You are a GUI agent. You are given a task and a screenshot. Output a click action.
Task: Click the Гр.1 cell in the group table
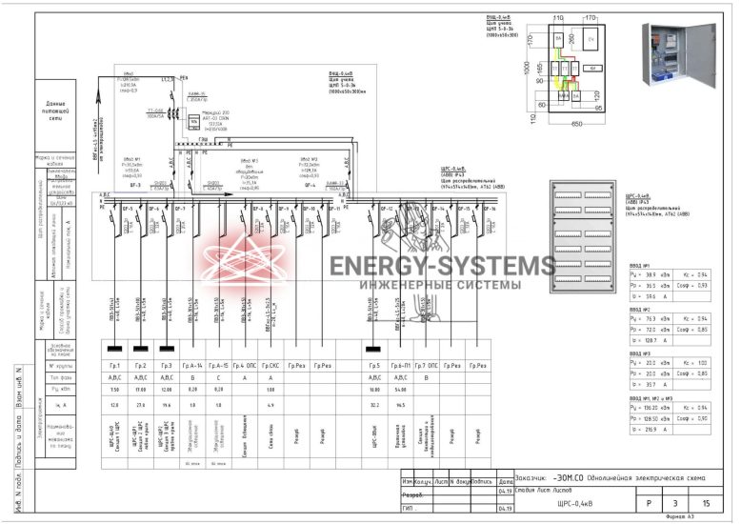(x=113, y=366)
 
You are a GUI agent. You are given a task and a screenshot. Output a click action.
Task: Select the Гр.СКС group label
(x=270, y=366)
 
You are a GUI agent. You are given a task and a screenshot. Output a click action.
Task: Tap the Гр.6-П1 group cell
(x=400, y=366)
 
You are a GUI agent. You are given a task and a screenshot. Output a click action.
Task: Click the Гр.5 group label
(x=373, y=366)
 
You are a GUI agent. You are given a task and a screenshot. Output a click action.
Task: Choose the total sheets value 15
(x=706, y=502)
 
